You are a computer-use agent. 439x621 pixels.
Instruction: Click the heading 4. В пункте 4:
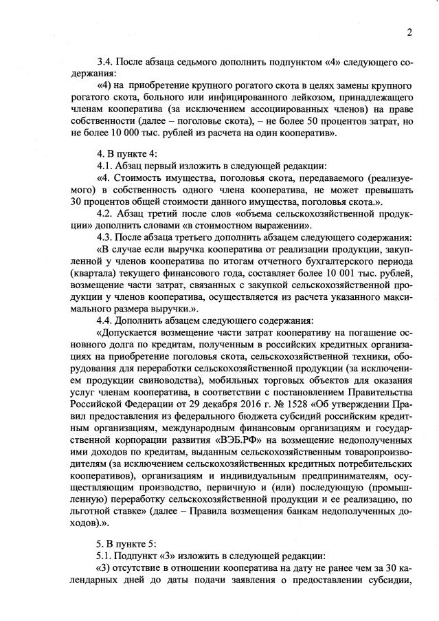click(128, 155)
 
